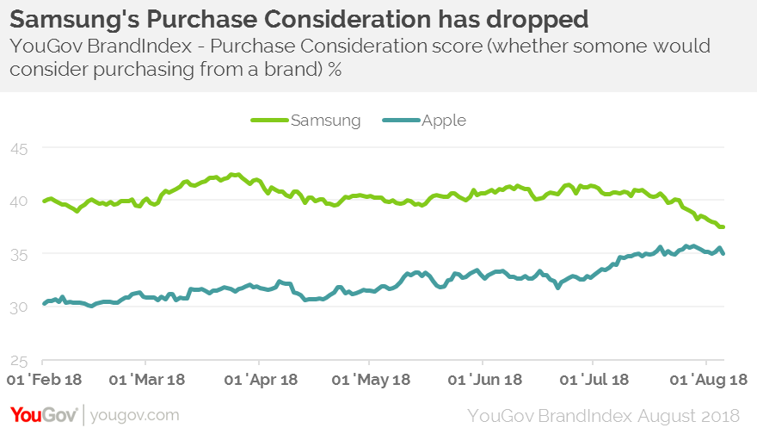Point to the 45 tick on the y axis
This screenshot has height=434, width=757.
point(18,149)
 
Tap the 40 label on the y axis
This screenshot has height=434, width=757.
point(18,201)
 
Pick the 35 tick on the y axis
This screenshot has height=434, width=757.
point(18,254)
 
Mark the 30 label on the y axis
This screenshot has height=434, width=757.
point(18,307)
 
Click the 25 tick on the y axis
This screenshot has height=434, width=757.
point(18,360)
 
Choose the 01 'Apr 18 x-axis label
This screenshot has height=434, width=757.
point(259,380)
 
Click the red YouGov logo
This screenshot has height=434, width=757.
point(43,415)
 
